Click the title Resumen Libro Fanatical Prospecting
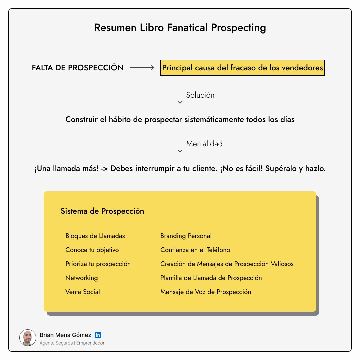180,28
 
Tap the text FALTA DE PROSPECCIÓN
78,68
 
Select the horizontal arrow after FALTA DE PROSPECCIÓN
142,68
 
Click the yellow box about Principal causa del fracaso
242,68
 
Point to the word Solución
200,95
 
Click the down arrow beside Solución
180,95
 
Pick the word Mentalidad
204,144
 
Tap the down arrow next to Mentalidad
180,144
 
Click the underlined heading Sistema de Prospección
102,211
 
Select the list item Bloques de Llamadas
95,236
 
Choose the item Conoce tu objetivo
92,250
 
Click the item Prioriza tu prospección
98,264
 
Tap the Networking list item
82,278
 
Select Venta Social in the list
83,292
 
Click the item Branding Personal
186,236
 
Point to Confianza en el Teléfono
195,250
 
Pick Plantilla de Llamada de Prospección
211,278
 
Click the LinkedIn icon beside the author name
98,335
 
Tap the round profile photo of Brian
27,338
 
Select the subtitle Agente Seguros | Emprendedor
72,343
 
